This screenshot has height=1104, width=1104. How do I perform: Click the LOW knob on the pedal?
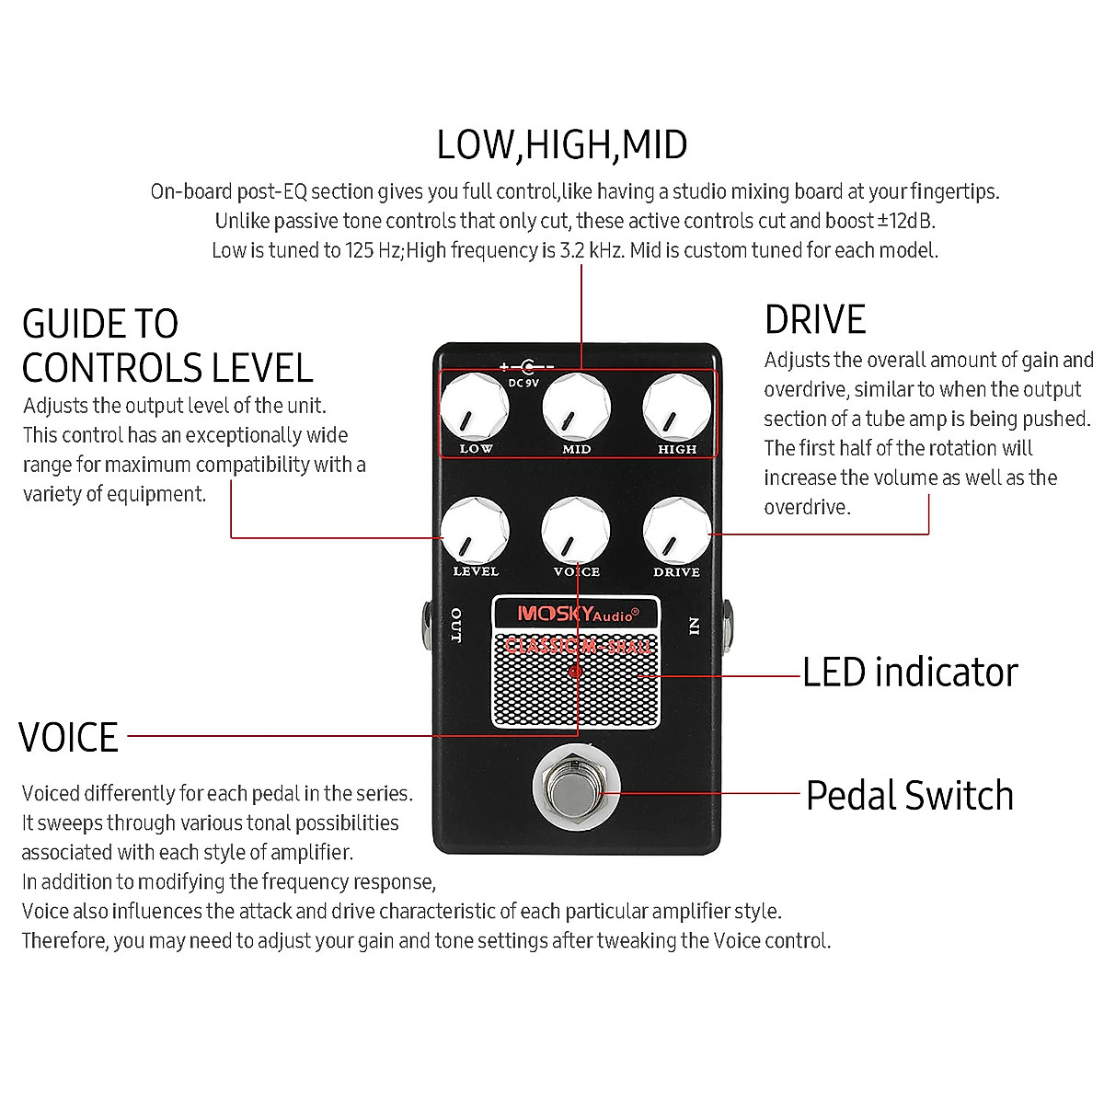pyautogui.click(x=475, y=408)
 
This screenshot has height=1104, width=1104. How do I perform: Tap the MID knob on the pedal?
pyautogui.click(x=576, y=408)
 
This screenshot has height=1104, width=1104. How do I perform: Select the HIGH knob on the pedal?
pyautogui.click(x=677, y=408)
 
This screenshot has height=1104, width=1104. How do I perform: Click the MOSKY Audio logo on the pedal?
pyautogui.click(x=577, y=615)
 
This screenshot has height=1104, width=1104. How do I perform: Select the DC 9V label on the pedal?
pyautogui.click(x=523, y=383)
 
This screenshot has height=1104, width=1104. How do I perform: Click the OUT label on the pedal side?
pyautogui.click(x=456, y=626)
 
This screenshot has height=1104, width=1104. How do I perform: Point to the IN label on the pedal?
pyautogui.click(x=695, y=626)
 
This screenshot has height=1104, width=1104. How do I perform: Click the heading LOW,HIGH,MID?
pyautogui.click(x=561, y=145)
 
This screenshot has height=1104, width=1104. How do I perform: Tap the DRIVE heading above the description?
pyautogui.click(x=815, y=320)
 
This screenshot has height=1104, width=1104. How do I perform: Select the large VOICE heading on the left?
pyautogui.click(x=69, y=738)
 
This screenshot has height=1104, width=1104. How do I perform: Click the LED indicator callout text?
pyautogui.click(x=910, y=673)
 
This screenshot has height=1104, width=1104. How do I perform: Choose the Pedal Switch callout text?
pyautogui.click(x=910, y=796)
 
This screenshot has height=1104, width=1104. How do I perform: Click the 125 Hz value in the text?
pyautogui.click(x=373, y=250)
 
